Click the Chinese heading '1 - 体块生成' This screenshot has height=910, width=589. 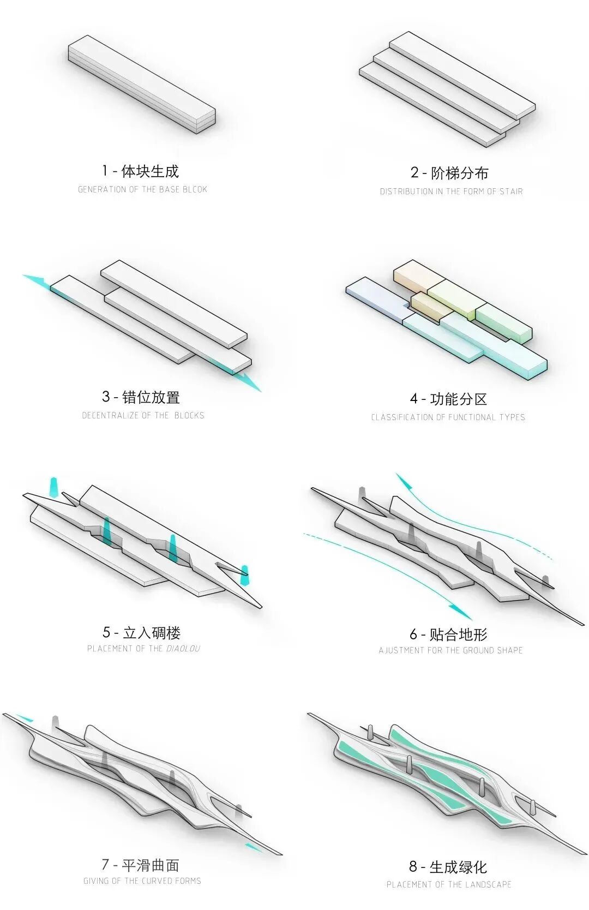coord(140,171)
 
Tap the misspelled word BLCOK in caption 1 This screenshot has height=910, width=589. coord(195,189)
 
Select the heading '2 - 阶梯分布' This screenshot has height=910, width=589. coord(449,173)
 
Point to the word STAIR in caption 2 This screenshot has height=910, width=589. coord(511,191)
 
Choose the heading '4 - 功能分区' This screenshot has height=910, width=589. coord(448,399)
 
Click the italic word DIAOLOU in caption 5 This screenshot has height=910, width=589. coord(183,648)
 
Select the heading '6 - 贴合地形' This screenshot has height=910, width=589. coord(448,634)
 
